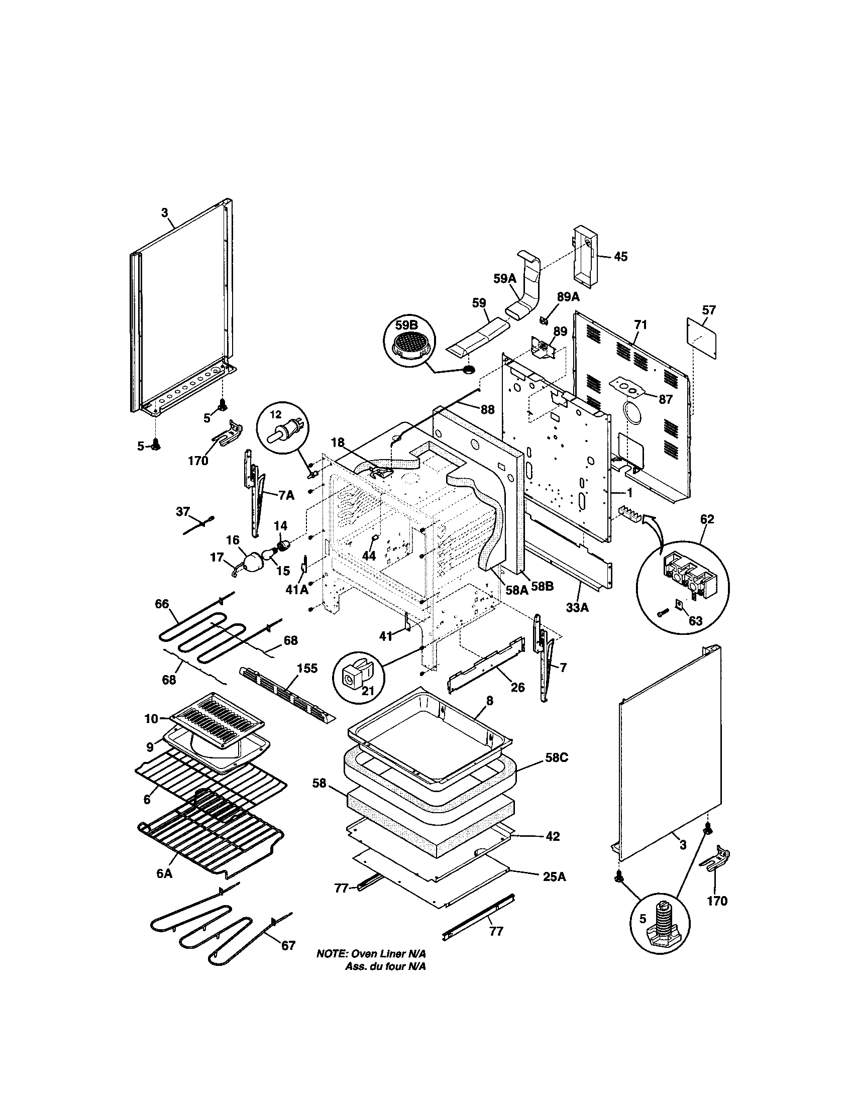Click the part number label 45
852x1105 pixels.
(620, 257)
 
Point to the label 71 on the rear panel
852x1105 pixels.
(641, 325)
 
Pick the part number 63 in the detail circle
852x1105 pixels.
(696, 620)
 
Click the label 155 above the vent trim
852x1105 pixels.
(306, 669)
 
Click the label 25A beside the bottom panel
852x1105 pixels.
(554, 877)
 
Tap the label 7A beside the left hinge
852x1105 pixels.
(285, 495)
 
